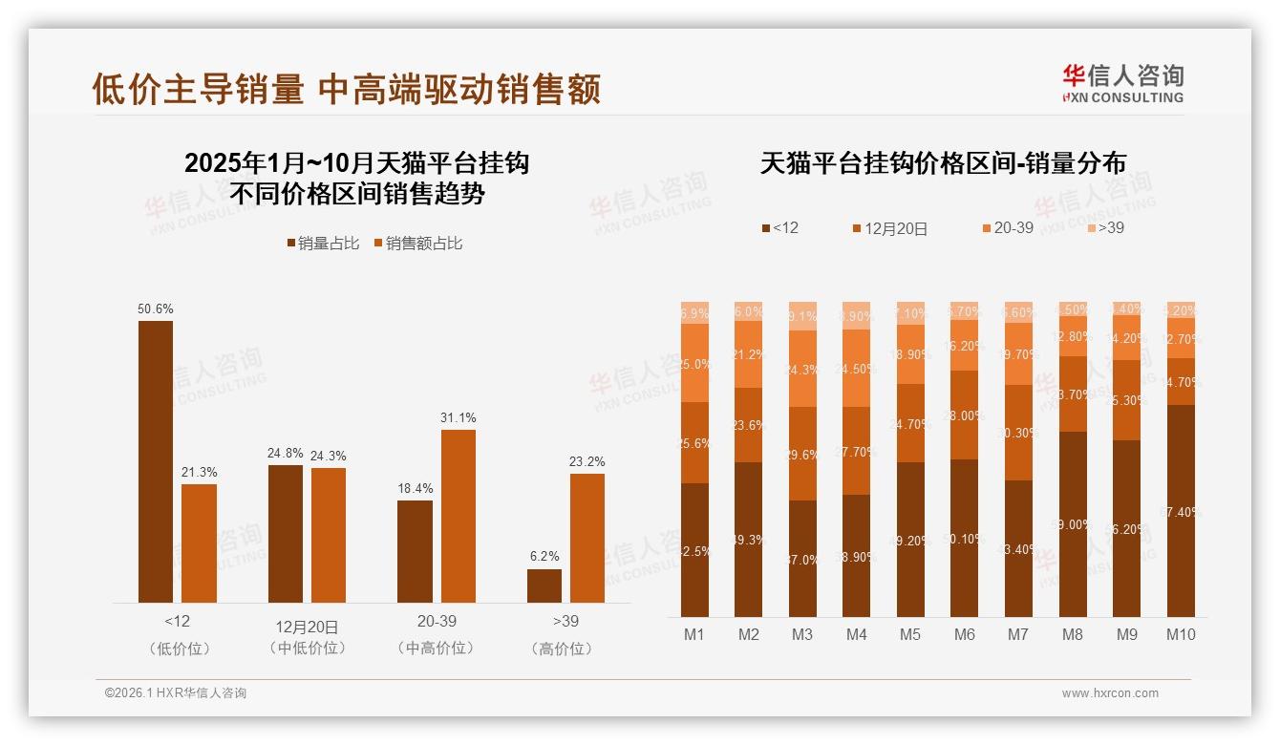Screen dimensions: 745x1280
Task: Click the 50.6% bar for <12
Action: [x=156, y=461]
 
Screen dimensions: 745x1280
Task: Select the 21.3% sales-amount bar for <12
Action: [x=200, y=543]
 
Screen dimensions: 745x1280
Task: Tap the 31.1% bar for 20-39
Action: [x=459, y=516]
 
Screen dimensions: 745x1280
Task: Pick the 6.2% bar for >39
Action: [x=544, y=585]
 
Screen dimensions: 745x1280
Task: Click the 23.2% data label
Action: [x=587, y=462]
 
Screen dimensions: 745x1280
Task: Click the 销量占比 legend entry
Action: [x=323, y=244]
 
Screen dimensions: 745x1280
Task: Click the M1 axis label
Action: [x=694, y=634]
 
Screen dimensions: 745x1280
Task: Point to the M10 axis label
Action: [x=1181, y=634]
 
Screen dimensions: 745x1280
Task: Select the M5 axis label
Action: [x=910, y=634]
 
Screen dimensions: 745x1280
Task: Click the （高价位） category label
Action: [x=565, y=649]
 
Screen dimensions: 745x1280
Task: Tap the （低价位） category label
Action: [x=178, y=649]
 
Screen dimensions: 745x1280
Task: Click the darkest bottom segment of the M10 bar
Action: [x=1181, y=511]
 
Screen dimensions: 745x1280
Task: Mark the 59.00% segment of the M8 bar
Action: [x=1073, y=523]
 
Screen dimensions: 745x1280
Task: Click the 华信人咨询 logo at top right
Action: [x=1122, y=83]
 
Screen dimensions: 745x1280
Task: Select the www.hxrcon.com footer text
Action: [x=1110, y=693]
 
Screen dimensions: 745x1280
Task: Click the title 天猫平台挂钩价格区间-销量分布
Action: [x=943, y=163]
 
